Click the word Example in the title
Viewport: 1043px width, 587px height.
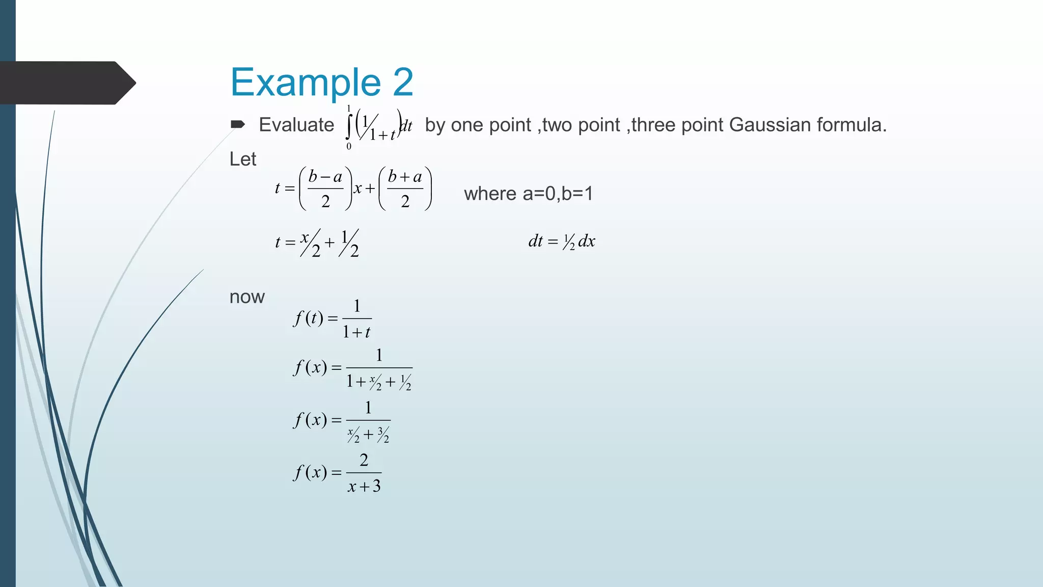pos(305,83)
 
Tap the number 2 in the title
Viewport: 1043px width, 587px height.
pos(403,83)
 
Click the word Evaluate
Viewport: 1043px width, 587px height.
pos(296,125)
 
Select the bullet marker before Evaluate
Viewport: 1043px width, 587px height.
pos(238,124)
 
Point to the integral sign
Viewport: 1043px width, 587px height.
pos(349,126)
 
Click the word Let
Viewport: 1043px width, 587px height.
pos(242,159)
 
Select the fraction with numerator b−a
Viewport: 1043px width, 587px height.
pos(325,189)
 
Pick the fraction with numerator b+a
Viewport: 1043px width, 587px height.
pos(405,189)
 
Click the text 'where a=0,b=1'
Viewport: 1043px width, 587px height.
pos(528,194)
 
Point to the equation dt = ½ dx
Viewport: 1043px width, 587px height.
pos(562,241)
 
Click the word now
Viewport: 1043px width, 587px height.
pos(247,297)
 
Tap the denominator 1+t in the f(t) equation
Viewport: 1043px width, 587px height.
pos(356,333)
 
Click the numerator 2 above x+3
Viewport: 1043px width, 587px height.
pos(364,460)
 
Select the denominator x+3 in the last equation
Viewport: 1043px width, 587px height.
pos(364,487)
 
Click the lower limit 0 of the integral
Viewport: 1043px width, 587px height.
pos(349,147)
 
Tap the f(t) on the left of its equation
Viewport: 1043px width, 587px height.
pos(308,318)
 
